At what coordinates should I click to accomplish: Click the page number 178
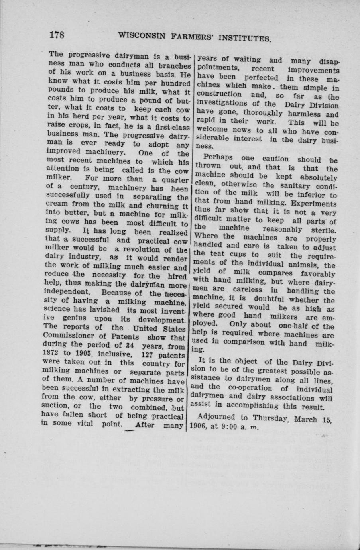pos(57,34)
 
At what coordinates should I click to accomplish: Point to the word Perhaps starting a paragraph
pos(218,158)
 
